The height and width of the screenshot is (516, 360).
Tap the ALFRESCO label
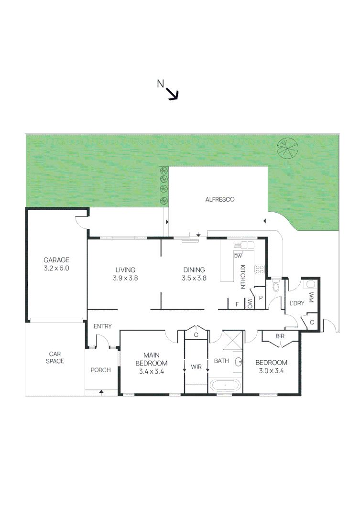click(220, 200)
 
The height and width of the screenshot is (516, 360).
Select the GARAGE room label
click(57, 264)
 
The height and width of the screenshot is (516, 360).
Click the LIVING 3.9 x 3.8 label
click(125, 273)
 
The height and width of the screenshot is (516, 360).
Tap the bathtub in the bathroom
click(224, 386)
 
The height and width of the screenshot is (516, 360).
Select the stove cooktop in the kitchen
click(260, 269)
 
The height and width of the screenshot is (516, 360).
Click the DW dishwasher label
click(238, 256)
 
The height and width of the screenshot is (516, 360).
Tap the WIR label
click(196, 367)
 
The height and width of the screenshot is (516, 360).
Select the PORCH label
click(100, 370)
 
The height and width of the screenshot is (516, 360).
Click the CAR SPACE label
click(55, 357)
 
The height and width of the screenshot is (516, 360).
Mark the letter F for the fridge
click(237, 304)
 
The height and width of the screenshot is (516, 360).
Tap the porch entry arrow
click(101, 392)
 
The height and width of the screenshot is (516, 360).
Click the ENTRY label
click(102, 326)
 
